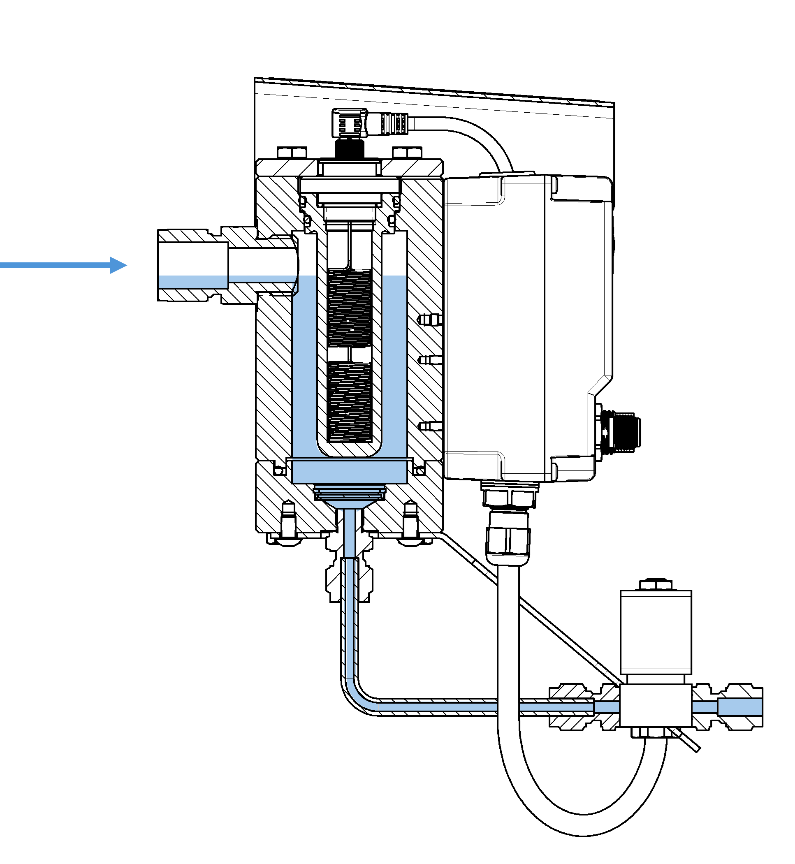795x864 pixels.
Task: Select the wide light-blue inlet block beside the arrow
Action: (x=193, y=282)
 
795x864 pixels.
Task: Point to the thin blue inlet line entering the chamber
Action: (x=260, y=279)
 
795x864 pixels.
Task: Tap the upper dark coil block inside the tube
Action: (x=349, y=308)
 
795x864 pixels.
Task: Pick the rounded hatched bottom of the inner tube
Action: (x=349, y=451)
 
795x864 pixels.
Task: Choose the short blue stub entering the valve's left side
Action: (x=607, y=707)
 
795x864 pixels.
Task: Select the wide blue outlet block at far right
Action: (x=740, y=707)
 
